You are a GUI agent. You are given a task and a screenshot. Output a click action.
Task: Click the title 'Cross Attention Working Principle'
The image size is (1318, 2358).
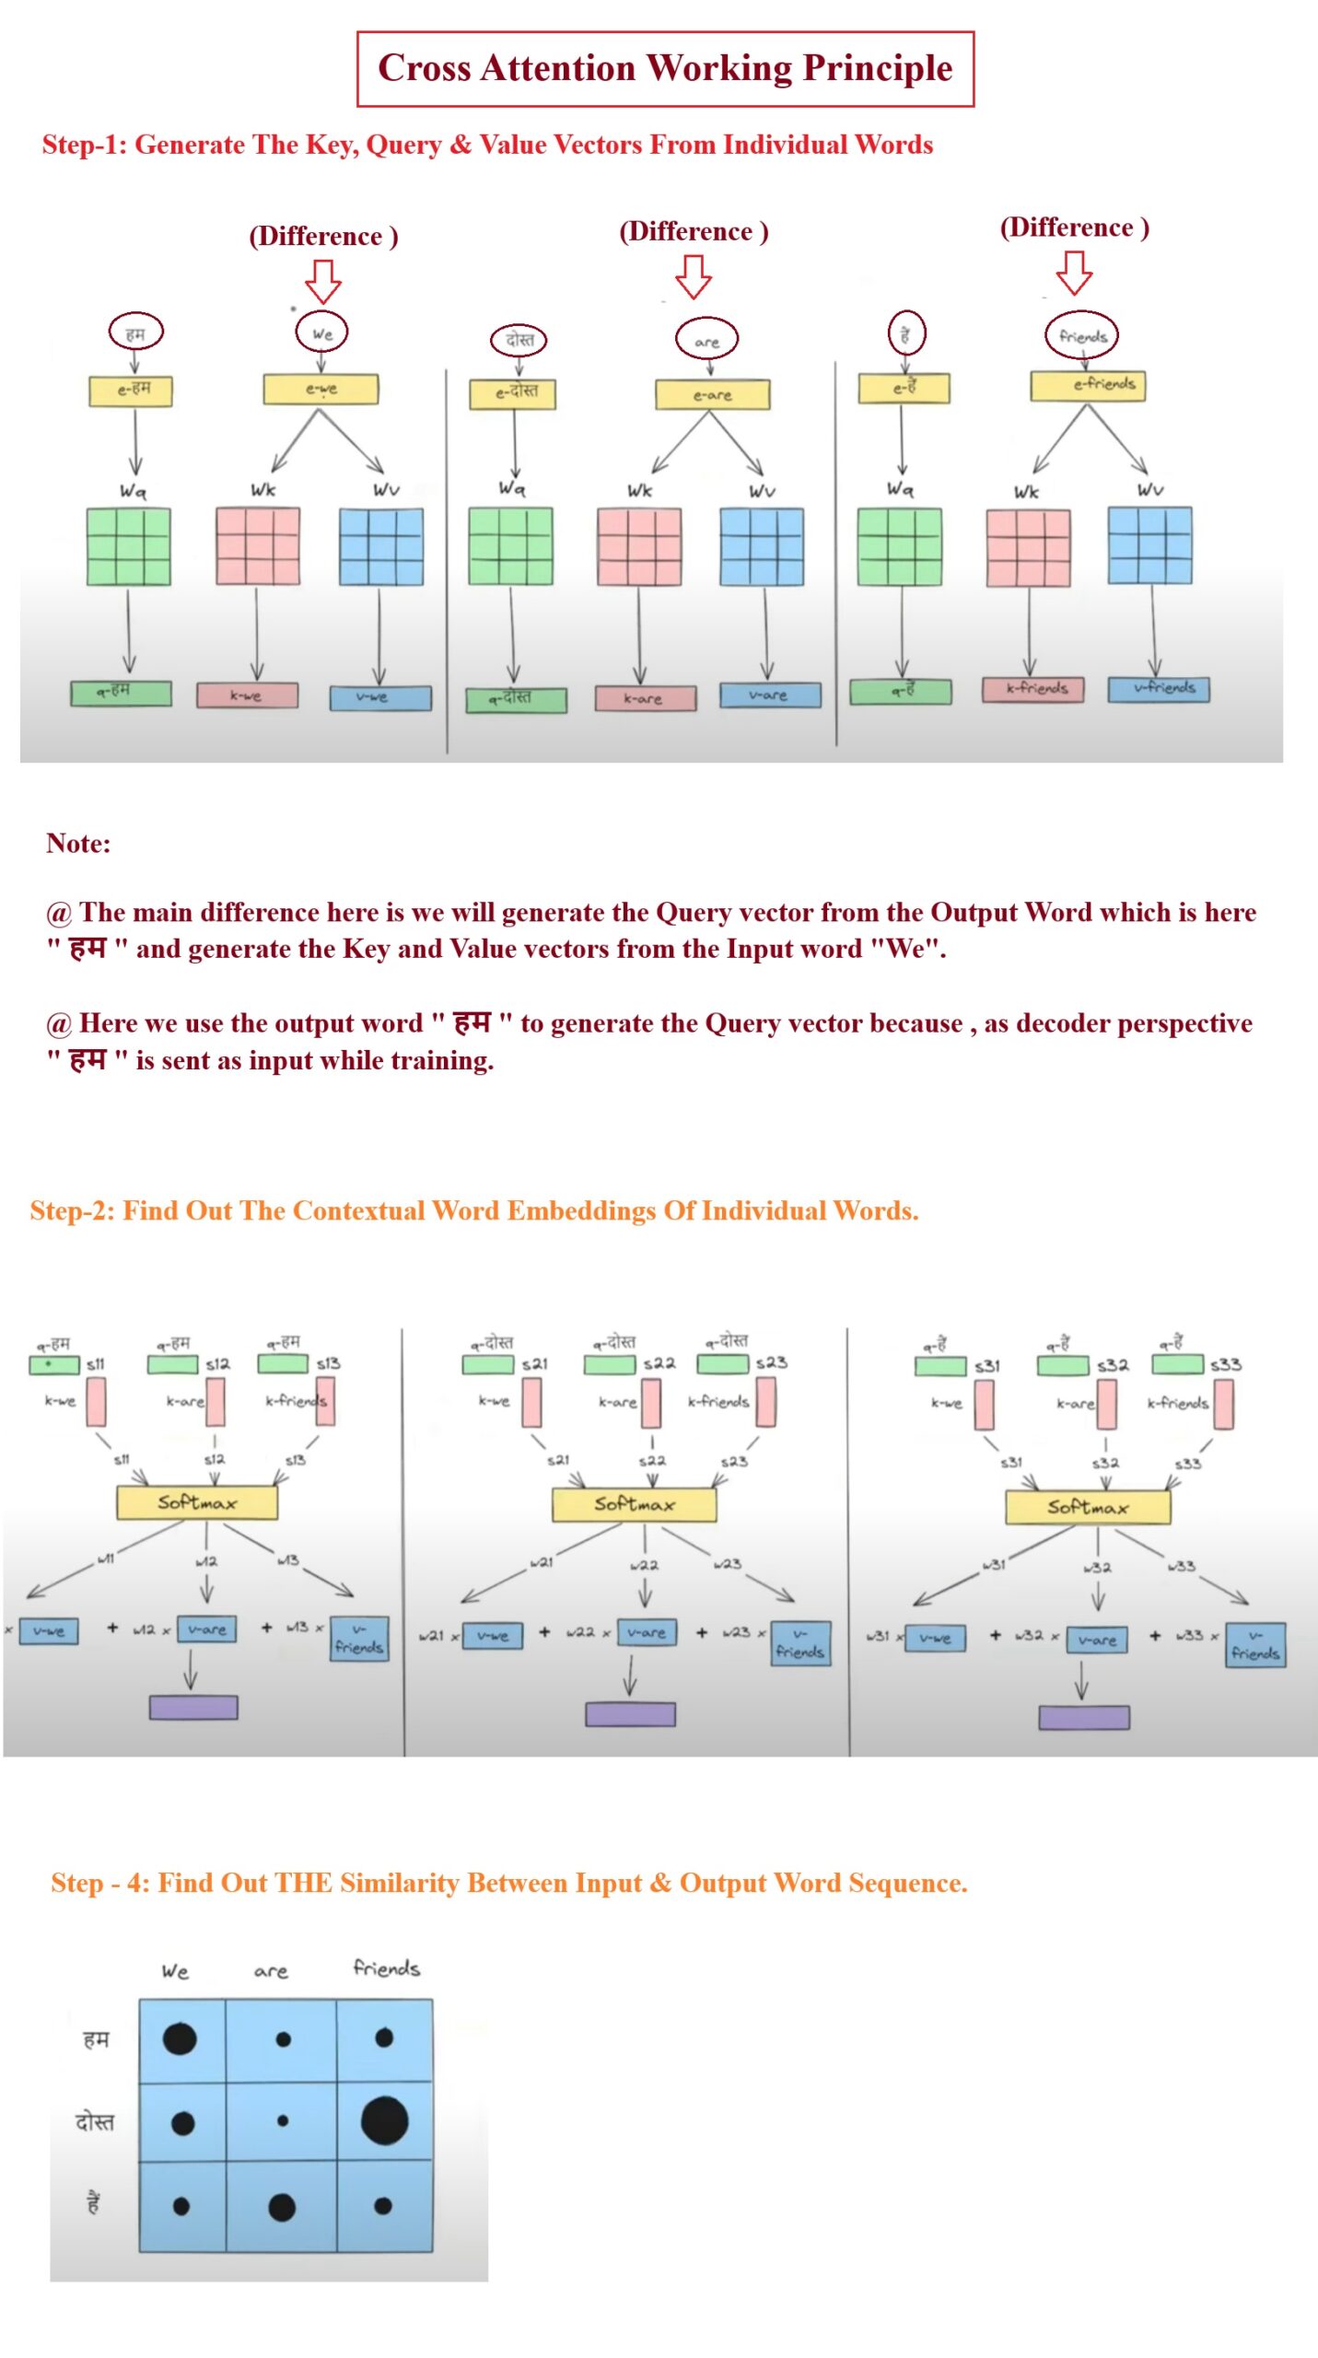click(x=664, y=69)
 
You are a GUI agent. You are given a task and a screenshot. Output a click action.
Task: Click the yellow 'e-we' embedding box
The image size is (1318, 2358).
click(x=321, y=390)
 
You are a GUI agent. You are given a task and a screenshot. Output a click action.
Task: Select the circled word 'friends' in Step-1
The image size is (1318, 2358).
click(x=1081, y=336)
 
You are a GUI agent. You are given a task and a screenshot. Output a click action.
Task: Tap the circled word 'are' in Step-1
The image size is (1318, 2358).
click(x=706, y=341)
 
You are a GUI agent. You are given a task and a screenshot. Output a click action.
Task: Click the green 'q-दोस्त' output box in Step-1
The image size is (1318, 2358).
click(x=515, y=700)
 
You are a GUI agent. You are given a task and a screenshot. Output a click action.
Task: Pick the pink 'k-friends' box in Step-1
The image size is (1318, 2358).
click(x=1032, y=689)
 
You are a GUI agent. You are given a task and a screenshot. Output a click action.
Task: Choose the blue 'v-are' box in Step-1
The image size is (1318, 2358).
click(x=769, y=695)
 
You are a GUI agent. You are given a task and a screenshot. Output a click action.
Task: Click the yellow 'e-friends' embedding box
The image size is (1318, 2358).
click(x=1087, y=385)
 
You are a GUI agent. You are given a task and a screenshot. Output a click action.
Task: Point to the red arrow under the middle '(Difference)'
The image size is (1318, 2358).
click(x=693, y=275)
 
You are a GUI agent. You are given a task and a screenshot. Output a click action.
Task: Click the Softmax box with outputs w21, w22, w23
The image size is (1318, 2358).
click(x=634, y=1505)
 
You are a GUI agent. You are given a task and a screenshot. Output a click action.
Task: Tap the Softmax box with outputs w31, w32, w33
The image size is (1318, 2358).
click(x=1087, y=1508)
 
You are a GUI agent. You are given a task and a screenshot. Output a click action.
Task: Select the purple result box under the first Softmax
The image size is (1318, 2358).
click(x=193, y=1707)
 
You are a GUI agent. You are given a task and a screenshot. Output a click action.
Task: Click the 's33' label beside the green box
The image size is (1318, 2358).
click(x=1225, y=1364)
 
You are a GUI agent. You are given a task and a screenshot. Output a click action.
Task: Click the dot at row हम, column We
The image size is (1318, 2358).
click(x=180, y=2038)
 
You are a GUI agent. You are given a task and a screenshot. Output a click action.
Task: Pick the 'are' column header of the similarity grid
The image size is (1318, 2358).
click(x=271, y=1972)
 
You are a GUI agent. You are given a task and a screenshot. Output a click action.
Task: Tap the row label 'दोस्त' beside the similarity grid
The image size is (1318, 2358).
click(x=95, y=2121)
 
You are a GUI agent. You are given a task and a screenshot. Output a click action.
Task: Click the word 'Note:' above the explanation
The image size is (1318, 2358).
click(x=78, y=843)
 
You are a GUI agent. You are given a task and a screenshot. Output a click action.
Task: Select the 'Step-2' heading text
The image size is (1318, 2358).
click(x=473, y=1209)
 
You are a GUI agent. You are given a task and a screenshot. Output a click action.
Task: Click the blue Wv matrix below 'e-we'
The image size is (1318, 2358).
click(x=381, y=547)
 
